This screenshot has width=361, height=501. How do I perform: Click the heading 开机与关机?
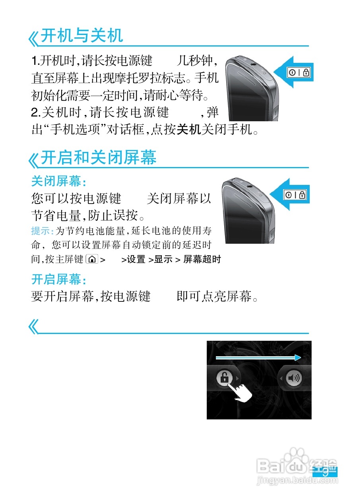[x=82, y=36]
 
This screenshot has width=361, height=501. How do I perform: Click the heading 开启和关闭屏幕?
[x=99, y=158]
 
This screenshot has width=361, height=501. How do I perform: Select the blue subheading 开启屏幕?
[x=58, y=280]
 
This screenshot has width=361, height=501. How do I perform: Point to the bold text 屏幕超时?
[x=202, y=260]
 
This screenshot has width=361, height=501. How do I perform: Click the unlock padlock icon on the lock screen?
[x=224, y=377]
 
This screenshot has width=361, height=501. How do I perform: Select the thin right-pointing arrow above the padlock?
[x=258, y=357]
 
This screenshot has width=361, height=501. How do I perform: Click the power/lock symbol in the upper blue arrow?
[x=299, y=73]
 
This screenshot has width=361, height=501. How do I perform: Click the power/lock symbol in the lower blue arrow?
[x=295, y=195]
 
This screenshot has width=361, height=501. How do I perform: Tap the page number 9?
[x=325, y=473]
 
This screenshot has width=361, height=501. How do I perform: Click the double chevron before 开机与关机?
[x=34, y=39]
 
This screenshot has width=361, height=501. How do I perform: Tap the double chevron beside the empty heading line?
[x=34, y=327]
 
